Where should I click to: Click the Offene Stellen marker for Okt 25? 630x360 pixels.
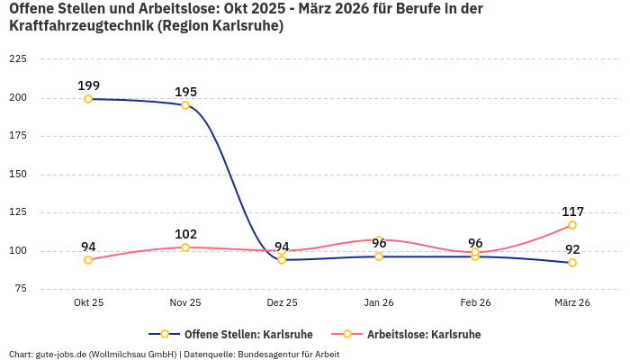(88, 99)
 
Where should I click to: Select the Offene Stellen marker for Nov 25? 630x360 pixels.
(185, 105)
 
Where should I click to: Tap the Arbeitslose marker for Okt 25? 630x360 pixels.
(88, 260)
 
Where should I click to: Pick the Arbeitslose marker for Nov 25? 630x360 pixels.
(185, 247)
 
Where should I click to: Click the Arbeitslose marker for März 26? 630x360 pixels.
(572, 225)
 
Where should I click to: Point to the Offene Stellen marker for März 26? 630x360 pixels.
(572, 263)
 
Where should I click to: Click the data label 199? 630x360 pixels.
(88, 85)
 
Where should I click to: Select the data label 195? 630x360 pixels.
(185, 92)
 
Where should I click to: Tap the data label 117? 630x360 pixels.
(572, 211)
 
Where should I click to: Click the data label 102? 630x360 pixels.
(185, 234)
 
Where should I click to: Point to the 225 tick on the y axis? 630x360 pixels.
(17, 59)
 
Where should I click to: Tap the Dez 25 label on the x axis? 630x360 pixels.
(282, 302)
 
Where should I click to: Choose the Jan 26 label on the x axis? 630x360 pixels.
(379, 302)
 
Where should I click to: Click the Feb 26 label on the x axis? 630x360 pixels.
(475, 302)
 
